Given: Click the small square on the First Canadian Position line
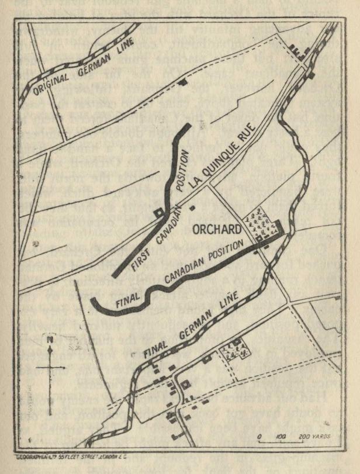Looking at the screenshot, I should tap(158, 213).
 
